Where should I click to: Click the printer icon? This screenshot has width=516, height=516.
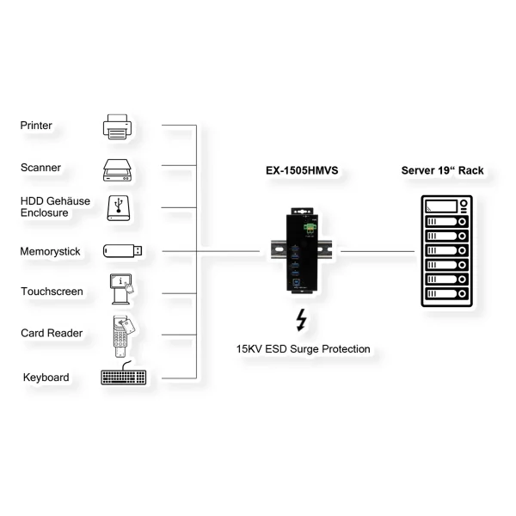click(119, 126)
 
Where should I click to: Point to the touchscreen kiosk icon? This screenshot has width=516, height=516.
click(121, 291)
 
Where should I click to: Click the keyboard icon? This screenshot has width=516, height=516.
click(124, 377)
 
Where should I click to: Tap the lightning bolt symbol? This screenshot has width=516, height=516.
click(301, 320)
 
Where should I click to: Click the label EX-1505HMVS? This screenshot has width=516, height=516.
click(301, 171)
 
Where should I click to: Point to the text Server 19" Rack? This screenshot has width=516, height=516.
click(442, 171)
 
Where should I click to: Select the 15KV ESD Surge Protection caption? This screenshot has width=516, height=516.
click(304, 349)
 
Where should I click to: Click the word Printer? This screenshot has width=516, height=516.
click(36, 126)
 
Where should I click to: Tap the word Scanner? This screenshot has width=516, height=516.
click(40, 168)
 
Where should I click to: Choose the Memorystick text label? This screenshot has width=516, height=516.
click(51, 252)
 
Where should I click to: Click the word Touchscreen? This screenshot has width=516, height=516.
click(52, 292)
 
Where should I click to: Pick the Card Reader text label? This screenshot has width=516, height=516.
click(52, 333)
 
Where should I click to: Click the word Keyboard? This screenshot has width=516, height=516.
click(46, 377)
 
